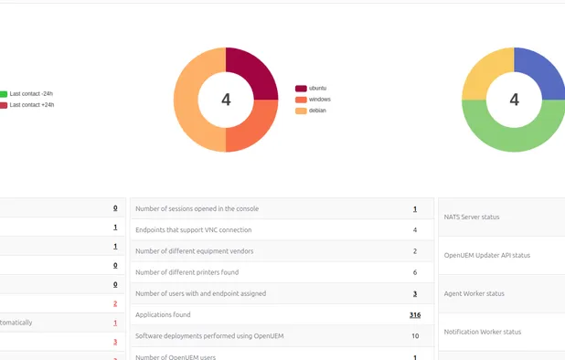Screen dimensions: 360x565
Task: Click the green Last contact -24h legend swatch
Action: (4, 94)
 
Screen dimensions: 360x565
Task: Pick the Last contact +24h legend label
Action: (31, 105)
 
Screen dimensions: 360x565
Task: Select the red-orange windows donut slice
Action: (255, 129)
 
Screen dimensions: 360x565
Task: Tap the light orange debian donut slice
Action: (191, 101)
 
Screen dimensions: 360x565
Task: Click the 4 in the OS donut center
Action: (226, 100)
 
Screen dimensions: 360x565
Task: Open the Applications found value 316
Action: (414, 314)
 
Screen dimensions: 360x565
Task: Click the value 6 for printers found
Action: (415, 272)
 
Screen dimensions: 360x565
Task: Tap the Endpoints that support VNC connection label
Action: (193, 230)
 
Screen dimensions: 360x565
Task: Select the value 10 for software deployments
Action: (415, 336)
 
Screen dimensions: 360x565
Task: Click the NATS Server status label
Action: (472, 217)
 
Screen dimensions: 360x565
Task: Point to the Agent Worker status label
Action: (474, 294)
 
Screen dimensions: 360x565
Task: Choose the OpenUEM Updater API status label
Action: (486, 256)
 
